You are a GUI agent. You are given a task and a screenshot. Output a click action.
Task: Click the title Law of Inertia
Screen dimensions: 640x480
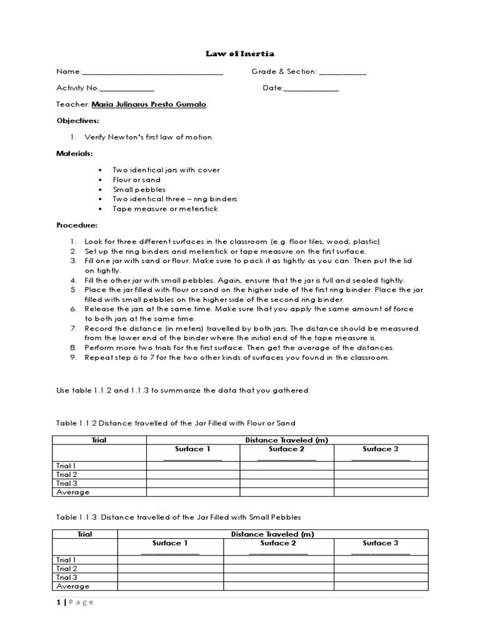pyautogui.click(x=239, y=54)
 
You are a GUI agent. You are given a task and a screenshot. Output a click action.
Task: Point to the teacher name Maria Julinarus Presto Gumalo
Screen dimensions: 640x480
pyautogui.click(x=149, y=105)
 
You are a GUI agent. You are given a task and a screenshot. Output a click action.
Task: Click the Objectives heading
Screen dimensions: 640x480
pyautogui.click(x=77, y=121)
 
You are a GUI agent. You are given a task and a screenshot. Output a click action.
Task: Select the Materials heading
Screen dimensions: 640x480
pyautogui.click(x=74, y=154)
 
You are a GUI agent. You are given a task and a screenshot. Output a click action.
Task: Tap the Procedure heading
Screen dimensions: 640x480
pyautogui.click(x=77, y=225)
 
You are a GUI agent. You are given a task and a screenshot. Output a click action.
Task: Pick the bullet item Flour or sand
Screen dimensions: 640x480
pyautogui.click(x=136, y=180)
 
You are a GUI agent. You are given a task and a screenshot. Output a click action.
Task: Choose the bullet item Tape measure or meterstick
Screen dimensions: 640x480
pyautogui.click(x=165, y=209)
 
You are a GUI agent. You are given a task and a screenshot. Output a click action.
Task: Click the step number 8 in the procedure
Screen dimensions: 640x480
pyautogui.click(x=72, y=347)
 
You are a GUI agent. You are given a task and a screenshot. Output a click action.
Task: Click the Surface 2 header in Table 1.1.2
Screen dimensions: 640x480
pyautogui.click(x=287, y=449)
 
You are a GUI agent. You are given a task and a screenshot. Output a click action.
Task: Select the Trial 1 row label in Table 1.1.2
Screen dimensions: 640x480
pyautogui.click(x=66, y=466)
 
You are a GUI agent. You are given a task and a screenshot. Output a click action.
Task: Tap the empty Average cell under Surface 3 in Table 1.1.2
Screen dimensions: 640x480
pyautogui.click(x=381, y=492)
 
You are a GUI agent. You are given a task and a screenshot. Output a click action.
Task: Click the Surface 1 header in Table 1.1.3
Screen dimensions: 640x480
pyautogui.click(x=170, y=543)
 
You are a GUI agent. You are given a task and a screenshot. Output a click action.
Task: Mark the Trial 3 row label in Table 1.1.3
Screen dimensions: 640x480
pyautogui.click(x=66, y=577)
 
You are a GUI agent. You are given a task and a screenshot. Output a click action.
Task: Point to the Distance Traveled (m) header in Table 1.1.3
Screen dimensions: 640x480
pyautogui.click(x=272, y=534)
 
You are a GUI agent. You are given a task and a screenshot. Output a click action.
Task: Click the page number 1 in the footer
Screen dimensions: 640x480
pyautogui.click(x=57, y=602)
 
